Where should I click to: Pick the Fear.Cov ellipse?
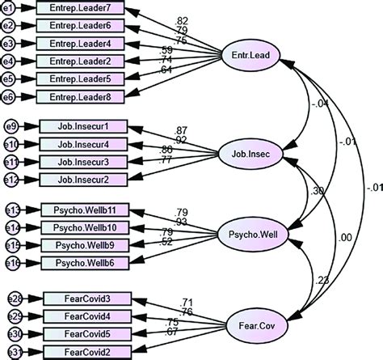[x=249, y=328]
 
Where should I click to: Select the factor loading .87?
[x=182, y=129]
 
